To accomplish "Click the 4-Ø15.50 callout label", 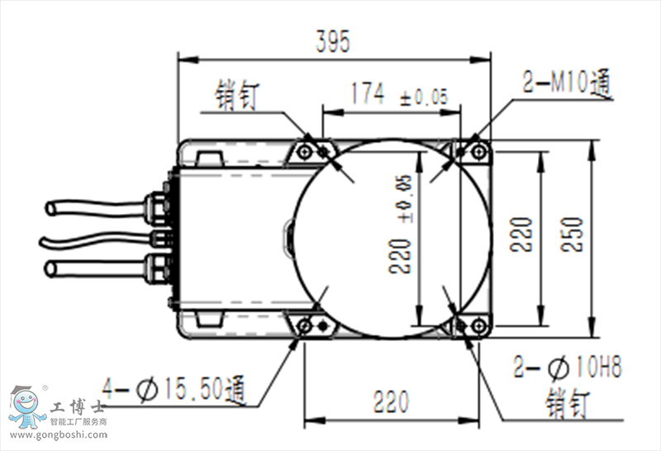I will coord(174,385).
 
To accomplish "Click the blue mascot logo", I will coord(26,408).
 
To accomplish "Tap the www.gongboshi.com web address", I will coord(58,434).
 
